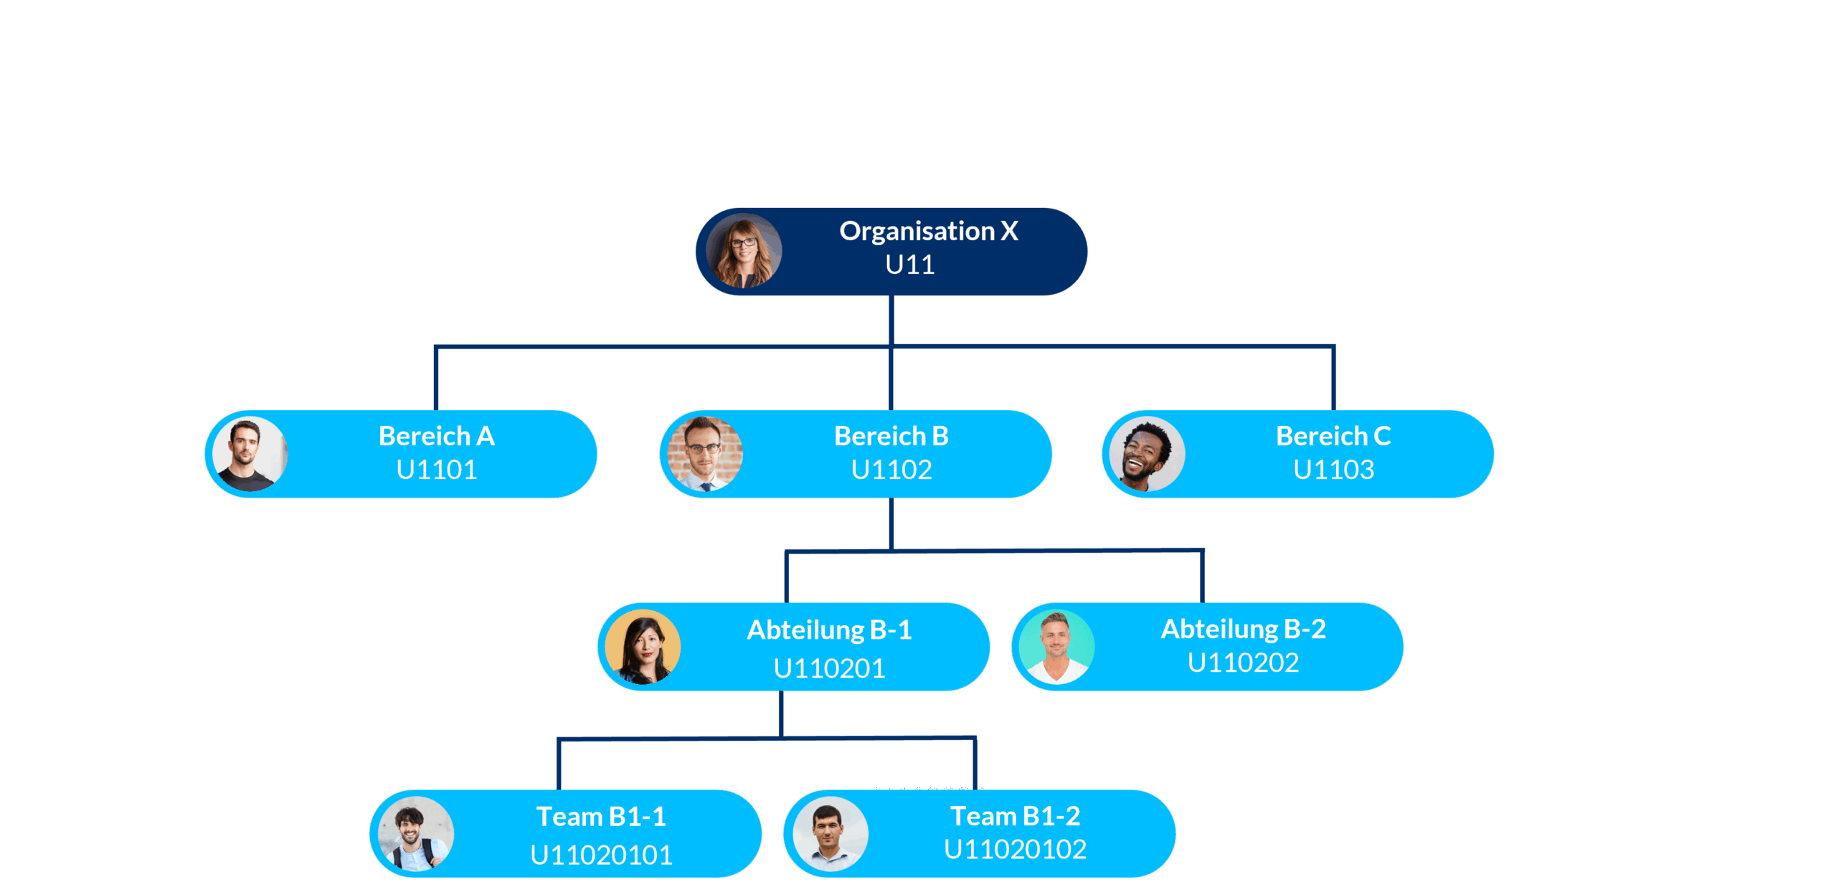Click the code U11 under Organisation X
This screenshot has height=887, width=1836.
coord(909,265)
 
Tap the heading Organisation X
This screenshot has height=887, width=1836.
coord(928,231)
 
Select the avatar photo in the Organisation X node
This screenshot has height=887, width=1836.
coord(744,251)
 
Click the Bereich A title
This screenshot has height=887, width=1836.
coord(436,436)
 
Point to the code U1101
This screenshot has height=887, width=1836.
coord(436,470)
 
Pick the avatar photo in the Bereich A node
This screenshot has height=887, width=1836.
coord(250,454)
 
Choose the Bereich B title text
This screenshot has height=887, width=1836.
coord(891,436)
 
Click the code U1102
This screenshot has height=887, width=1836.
coord(891,470)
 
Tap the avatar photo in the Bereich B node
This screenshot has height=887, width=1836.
coord(704,454)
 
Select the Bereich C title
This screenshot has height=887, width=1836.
coord(1333,436)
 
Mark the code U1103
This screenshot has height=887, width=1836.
coord(1333,470)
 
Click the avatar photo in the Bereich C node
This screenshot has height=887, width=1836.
coord(1146,454)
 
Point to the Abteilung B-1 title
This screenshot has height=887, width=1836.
coord(828,630)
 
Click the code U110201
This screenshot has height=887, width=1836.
coord(828,668)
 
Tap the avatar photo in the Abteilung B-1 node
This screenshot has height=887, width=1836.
coord(643,647)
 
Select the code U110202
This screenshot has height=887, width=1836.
coord(1242,663)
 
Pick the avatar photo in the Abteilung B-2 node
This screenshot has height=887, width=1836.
coord(1056,647)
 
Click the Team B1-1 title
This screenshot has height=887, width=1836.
coord(600,817)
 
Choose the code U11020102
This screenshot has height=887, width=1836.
coord(1014,850)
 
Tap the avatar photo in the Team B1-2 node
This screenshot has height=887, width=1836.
coord(830,834)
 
